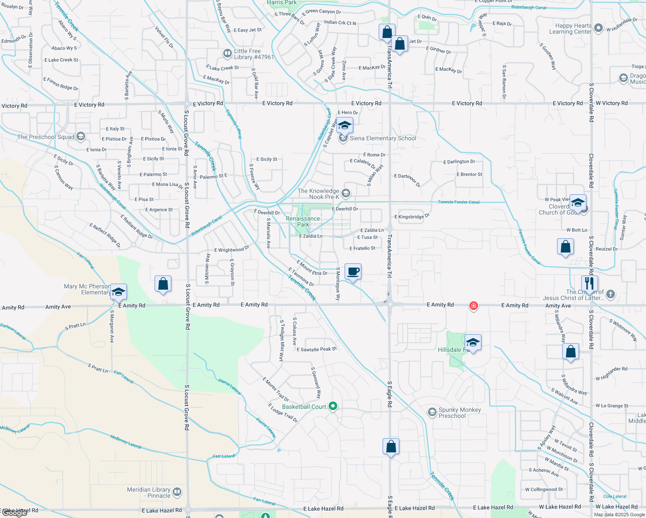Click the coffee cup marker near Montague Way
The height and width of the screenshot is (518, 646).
coord(353,272)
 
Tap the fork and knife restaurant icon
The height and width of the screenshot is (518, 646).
coord(589,284)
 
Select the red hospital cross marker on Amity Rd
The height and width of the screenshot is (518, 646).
coord(474,306)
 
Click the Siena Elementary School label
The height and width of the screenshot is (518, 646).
coord(383,139)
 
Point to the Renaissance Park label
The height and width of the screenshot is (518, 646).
coord(303,221)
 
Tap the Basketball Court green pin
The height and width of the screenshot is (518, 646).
coord(332,406)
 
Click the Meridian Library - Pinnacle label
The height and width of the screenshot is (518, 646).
coord(149,493)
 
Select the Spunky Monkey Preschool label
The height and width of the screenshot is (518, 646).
coord(459,413)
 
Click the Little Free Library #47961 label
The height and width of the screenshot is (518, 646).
coord(254,54)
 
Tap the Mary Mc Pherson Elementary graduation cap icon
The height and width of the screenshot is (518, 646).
coord(118,292)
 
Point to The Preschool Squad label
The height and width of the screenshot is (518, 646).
coord(46,137)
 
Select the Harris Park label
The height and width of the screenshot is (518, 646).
coord(282,3)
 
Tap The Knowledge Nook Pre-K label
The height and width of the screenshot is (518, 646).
coord(319,194)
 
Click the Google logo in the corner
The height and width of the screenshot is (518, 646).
coord(15,512)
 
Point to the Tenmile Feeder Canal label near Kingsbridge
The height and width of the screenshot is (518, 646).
coord(459,202)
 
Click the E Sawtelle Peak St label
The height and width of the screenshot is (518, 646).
coord(317,349)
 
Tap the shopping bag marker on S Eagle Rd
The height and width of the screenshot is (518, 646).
coord(391,447)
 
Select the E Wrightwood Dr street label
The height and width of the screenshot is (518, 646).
coord(232,250)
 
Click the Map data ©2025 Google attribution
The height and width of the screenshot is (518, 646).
coord(619,514)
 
